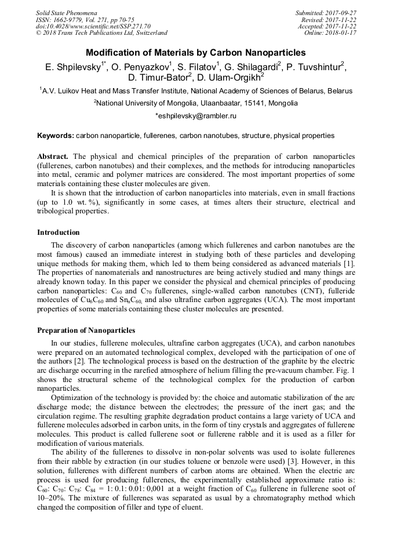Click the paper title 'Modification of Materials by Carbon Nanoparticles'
click(x=196, y=53)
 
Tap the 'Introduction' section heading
click(x=59, y=232)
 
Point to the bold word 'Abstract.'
click(x=53, y=157)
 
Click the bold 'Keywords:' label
click(x=56, y=136)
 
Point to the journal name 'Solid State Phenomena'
click(x=66, y=12)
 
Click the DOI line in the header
click(x=93, y=26)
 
